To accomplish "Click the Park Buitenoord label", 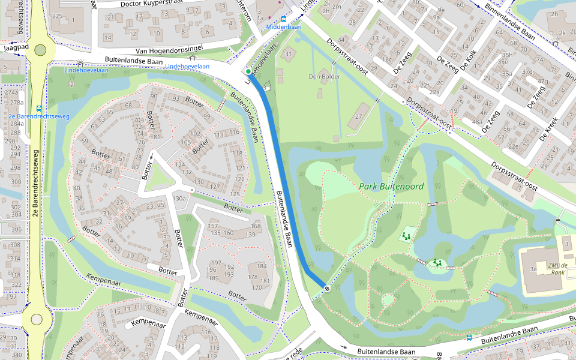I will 391,187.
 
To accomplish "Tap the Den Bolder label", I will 324,77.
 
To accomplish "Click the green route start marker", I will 248,72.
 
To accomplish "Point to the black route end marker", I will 327,289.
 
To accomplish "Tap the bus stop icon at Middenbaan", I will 283,19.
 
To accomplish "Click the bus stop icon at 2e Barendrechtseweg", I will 39,109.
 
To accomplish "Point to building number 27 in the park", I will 359,116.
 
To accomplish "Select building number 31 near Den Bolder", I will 289,55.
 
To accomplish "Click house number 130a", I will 179,198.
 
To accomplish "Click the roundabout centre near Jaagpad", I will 40,51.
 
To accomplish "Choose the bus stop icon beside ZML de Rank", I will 469,337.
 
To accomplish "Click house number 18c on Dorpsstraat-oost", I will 387,59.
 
